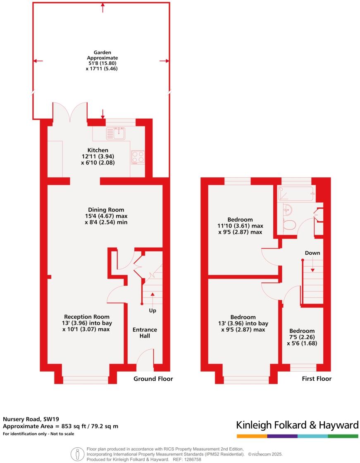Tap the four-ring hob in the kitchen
[x=138, y=157]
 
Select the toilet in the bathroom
[x=289, y=224]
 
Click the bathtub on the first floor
[x=296, y=193]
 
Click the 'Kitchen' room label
[x=98, y=150]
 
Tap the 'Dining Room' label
[x=106, y=210]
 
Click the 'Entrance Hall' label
[x=145, y=332]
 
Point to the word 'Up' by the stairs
[x=153, y=310]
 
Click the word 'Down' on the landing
[x=312, y=253]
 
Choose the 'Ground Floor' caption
[x=153, y=379]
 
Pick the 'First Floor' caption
[x=317, y=379]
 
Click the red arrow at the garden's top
[x=103, y=6]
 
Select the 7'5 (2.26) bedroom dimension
[x=302, y=337]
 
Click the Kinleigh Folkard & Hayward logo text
[x=297, y=425]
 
